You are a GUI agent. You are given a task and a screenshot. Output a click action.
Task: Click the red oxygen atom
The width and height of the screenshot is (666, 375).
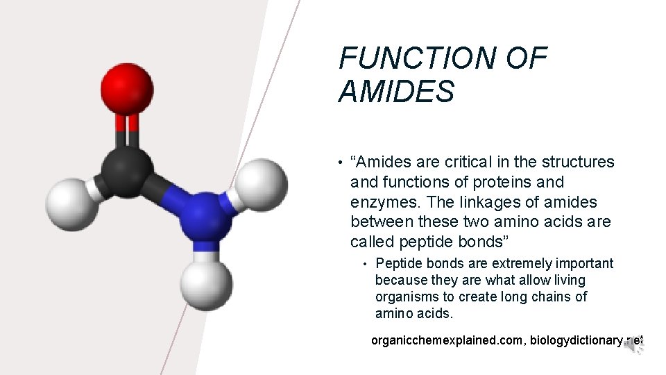(x=127, y=88)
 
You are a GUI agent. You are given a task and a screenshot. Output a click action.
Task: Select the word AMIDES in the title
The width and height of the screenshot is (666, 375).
(x=396, y=92)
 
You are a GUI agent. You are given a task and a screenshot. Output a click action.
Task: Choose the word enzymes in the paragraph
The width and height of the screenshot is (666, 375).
(x=384, y=202)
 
